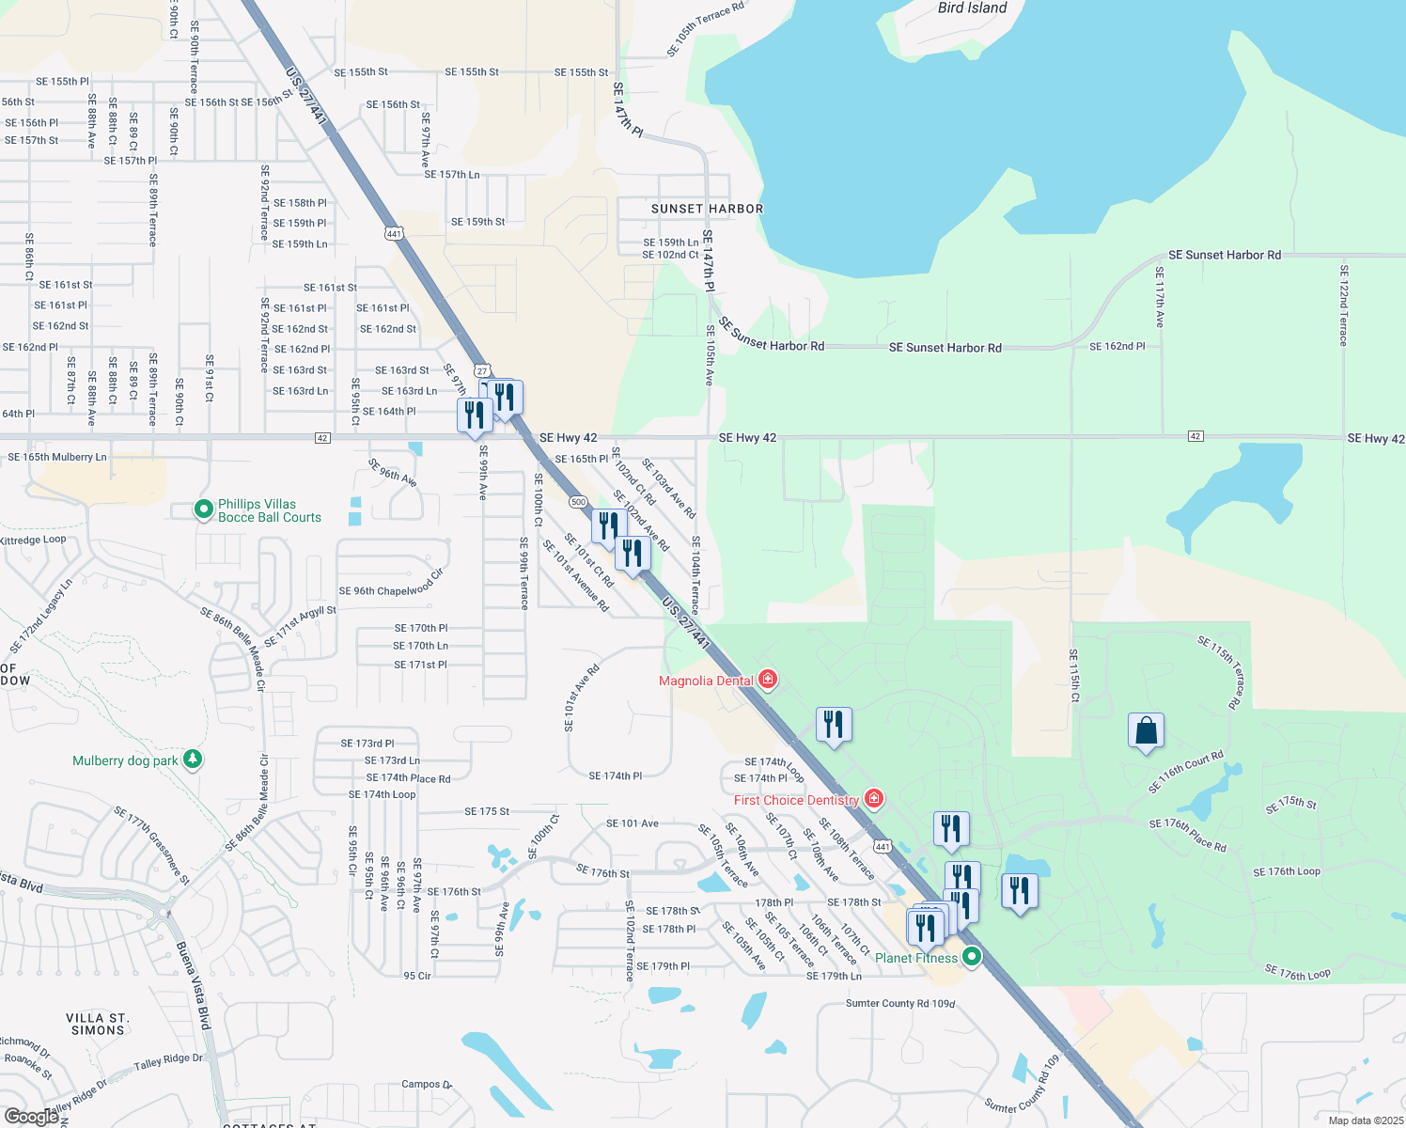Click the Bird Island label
(972, 8)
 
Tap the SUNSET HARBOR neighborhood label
(707, 209)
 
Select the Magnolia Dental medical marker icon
(768, 679)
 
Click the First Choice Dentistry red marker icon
(874, 799)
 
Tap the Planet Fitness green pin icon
(972, 957)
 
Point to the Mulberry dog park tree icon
(193, 759)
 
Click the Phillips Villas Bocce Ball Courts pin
(203, 509)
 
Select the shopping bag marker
(1146, 730)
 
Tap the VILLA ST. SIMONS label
(98, 1025)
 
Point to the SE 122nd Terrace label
(1343, 305)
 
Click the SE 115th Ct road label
(1073, 676)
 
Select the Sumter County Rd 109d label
(899, 1004)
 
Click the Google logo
(31, 1116)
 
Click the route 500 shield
(578, 502)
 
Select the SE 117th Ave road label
(1159, 297)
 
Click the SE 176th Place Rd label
(1187, 835)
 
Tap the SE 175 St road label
(487, 811)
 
